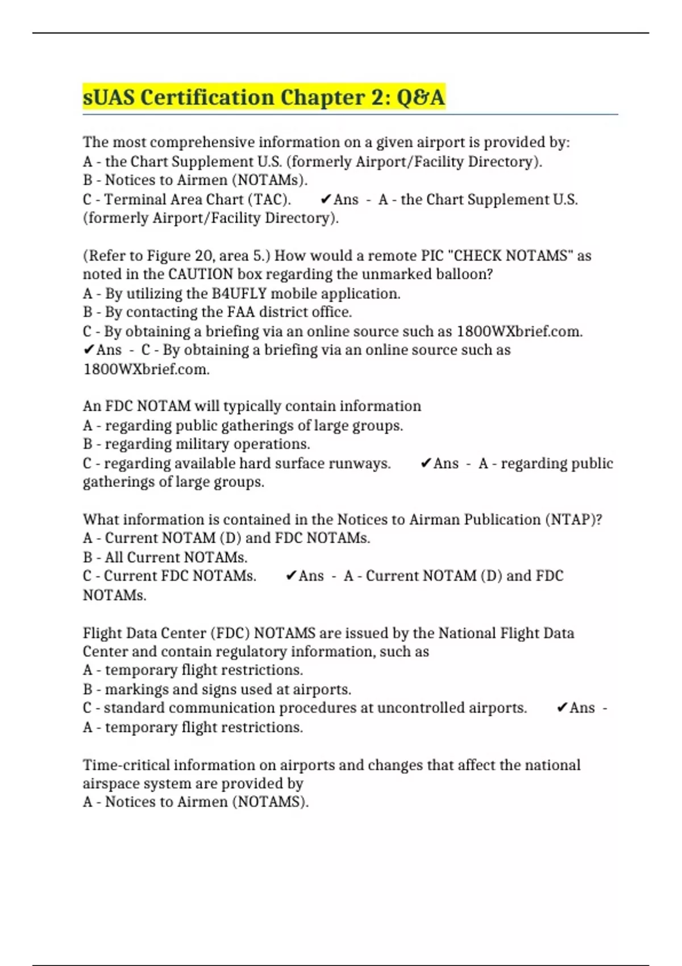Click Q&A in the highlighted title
pyautogui.click(x=420, y=97)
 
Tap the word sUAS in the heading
pyautogui.click(x=109, y=97)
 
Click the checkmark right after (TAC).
pyautogui.click(x=326, y=199)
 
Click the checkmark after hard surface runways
pyautogui.click(x=426, y=464)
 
